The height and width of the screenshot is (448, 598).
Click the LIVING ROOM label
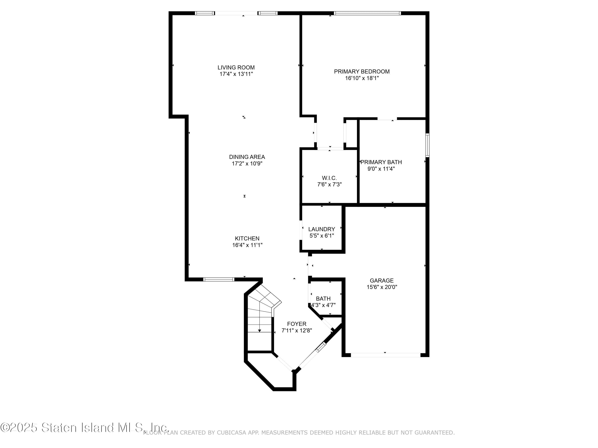tap(236, 67)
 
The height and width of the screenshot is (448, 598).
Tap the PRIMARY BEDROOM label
tap(362, 71)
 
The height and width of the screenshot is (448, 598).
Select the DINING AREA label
tap(247, 157)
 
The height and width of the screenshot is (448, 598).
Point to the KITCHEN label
tap(247, 239)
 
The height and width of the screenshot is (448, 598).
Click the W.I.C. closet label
tap(329, 178)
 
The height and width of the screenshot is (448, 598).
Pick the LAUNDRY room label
tap(322, 229)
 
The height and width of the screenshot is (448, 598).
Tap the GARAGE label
tap(382, 281)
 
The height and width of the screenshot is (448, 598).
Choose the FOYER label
tap(297, 324)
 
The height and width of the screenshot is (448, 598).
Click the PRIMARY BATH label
tap(381, 162)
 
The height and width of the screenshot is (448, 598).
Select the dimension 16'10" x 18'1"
tap(362, 78)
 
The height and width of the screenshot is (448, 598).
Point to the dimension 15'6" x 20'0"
tap(382, 287)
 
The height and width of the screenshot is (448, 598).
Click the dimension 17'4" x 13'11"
tap(236, 74)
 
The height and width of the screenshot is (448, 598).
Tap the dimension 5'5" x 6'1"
tap(322, 236)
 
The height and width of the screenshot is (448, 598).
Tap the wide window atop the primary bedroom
tap(367, 13)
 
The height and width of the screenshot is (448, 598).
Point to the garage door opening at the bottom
tap(386, 355)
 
